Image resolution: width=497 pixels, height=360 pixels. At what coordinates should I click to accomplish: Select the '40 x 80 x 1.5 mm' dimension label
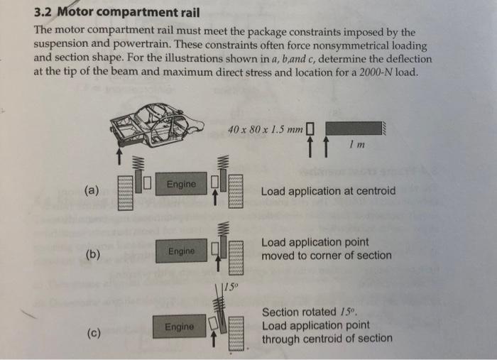[x=266, y=130]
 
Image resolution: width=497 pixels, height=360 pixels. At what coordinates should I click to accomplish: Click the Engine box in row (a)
[x=181, y=185]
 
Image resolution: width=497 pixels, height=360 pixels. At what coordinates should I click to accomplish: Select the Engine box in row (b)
[x=181, y=251]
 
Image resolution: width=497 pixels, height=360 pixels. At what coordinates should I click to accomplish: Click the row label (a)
[x=92, y=190]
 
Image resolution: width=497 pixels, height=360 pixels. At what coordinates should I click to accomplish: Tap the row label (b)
[x=92, y=254]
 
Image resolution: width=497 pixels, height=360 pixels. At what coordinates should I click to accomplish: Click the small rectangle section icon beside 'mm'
[x=309, y=129]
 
